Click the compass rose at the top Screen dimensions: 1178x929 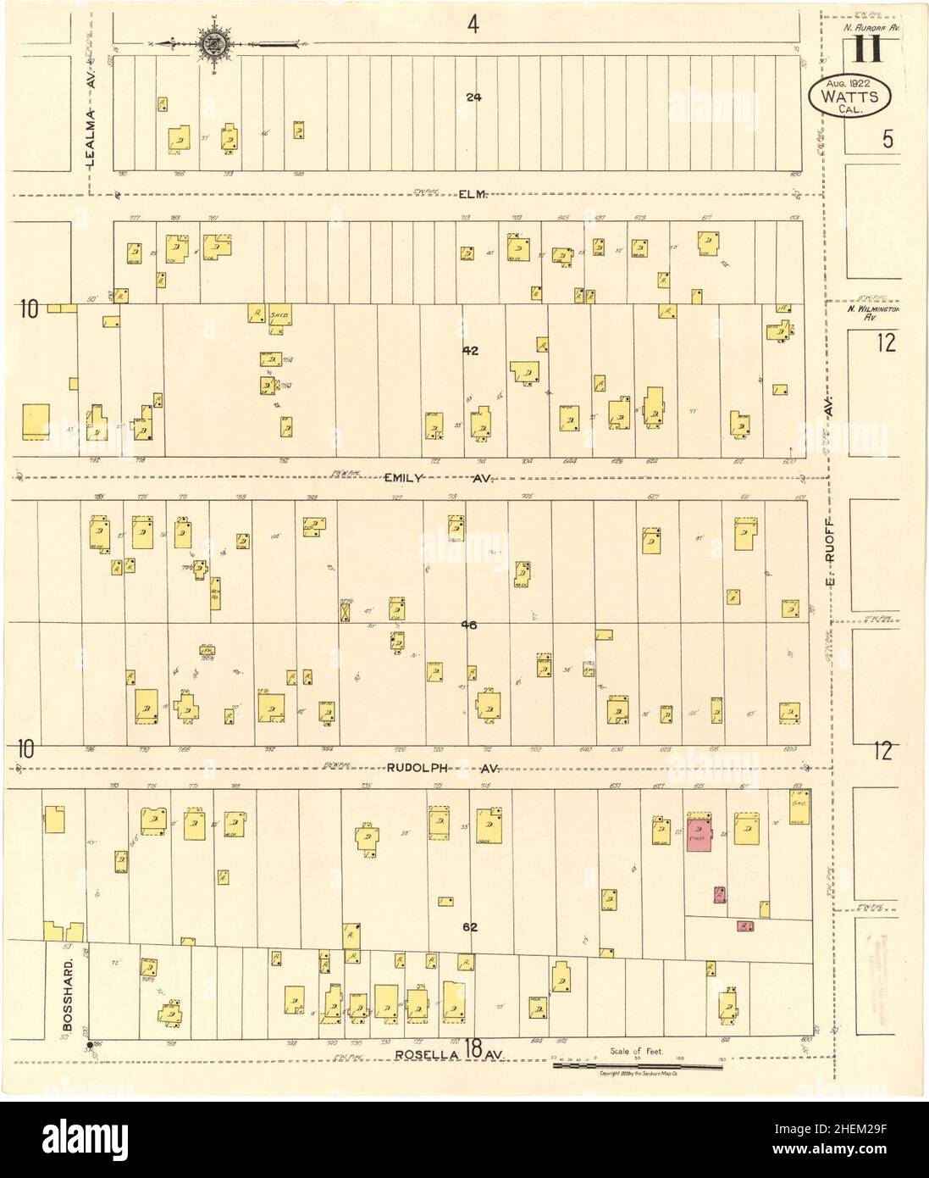click(x=210, y=42)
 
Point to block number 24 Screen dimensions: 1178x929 click(x=473, y=97)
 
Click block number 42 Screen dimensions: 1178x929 click(x=471, y=350)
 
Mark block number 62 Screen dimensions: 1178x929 click(x=471, y=926)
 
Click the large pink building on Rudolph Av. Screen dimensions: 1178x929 click(x=699, y=835)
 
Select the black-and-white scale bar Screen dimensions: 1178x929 click(x=637, y=1065)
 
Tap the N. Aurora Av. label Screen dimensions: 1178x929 click(x=871, y=28)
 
